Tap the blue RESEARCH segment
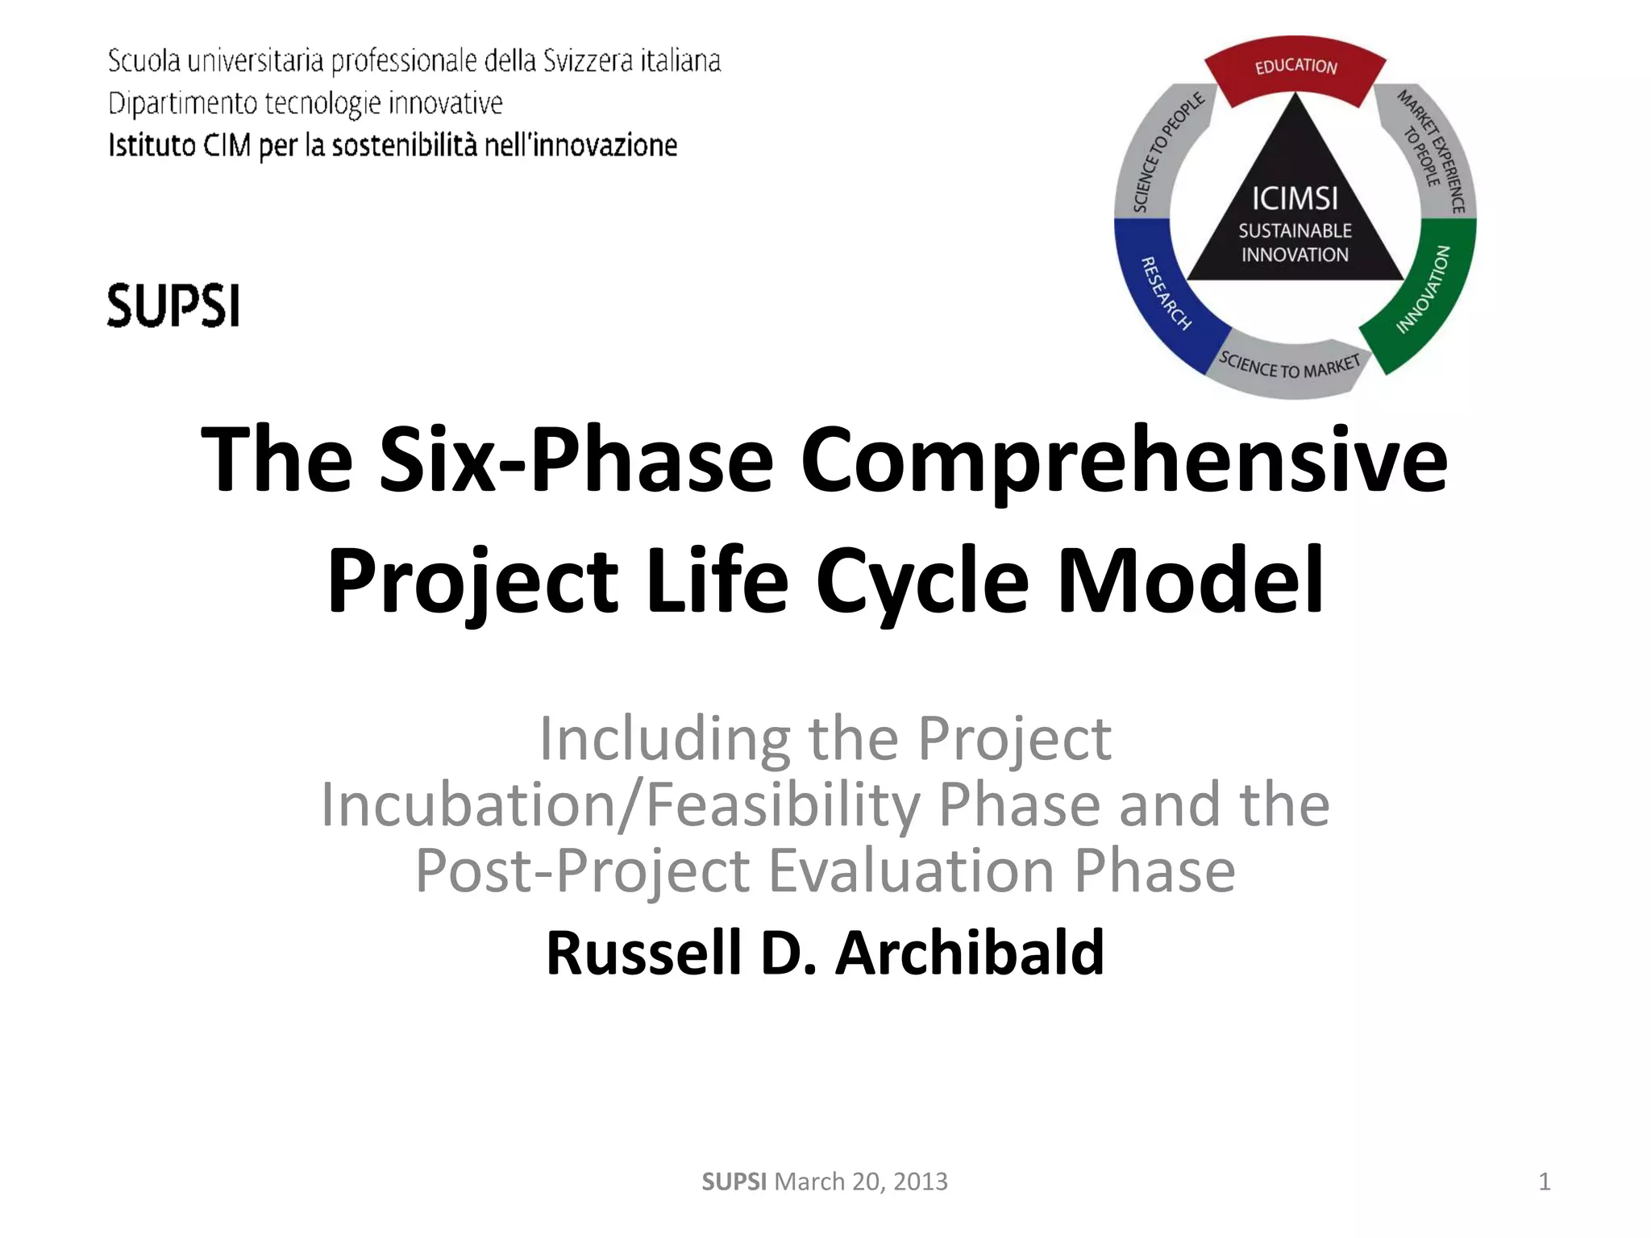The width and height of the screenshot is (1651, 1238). (x=1161, y=298)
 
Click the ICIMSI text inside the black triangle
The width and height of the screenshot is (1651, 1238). (x=1295, y=198)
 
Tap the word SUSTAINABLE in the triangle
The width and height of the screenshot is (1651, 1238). (x=1295, y=231)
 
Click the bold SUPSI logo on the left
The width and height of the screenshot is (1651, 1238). (x=173, y=305)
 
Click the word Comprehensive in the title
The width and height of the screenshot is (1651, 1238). (x=1124, y=460)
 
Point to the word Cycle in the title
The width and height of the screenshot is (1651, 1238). (x=922, y=580)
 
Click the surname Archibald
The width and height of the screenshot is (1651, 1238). (x=969, y=953)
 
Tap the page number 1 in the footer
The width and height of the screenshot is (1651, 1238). (x=1544, y=1182)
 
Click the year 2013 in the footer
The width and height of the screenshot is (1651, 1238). (x=920, y=1182)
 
